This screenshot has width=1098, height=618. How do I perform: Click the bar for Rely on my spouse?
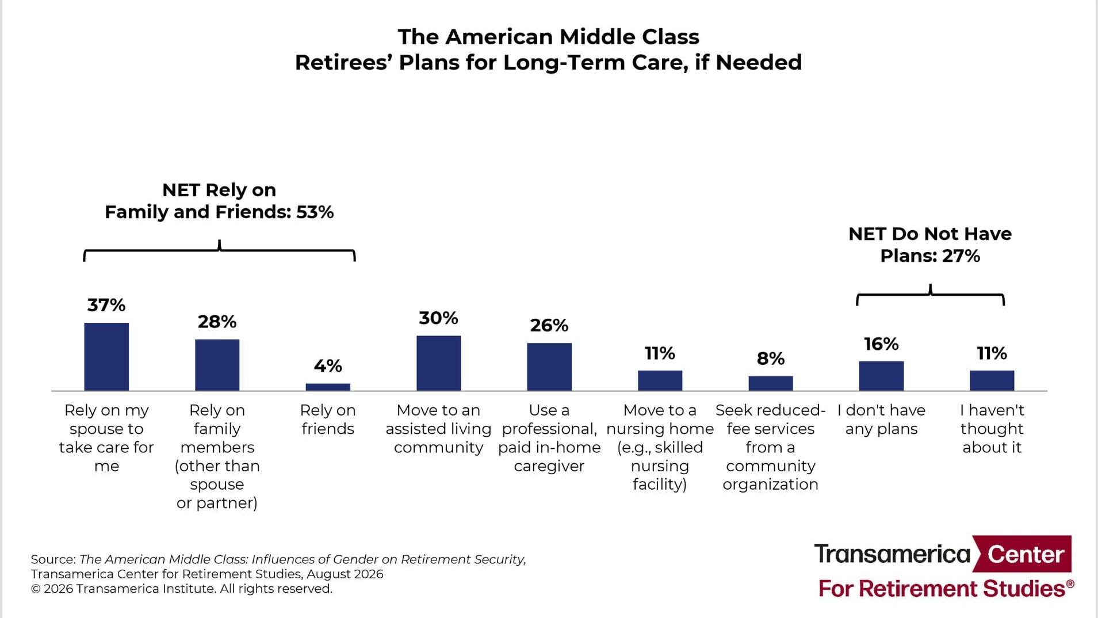point(106,357)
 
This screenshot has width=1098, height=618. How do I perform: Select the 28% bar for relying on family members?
point(217,365)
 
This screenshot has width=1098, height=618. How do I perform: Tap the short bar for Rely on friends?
point(328,387)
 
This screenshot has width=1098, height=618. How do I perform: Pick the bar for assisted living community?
point(438,364)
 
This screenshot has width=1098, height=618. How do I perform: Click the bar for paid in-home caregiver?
point(549,367)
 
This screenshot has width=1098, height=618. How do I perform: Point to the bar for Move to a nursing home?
point(660,381)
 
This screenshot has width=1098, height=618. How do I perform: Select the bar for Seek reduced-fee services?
point(771,384)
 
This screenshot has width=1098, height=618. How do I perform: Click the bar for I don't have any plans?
point(881,376)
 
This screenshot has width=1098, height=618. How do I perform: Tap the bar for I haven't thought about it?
point(992,381)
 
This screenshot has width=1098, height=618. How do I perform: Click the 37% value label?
point(106,305)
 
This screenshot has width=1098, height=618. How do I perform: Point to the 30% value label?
point(438,318)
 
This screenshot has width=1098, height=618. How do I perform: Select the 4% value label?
point(328,366)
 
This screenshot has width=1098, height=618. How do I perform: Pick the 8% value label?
point(771,359)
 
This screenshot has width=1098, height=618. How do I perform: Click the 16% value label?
point(881,344)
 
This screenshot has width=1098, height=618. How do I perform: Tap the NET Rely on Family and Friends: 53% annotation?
point(219,201)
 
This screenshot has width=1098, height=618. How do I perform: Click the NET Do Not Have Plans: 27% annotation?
point(930,245)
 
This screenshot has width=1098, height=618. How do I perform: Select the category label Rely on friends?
point(328,419)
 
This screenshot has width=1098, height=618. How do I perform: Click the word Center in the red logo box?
point(1026,554)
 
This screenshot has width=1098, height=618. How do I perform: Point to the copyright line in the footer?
point(182,589)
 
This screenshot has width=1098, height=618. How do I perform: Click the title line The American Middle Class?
point(549,37)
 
